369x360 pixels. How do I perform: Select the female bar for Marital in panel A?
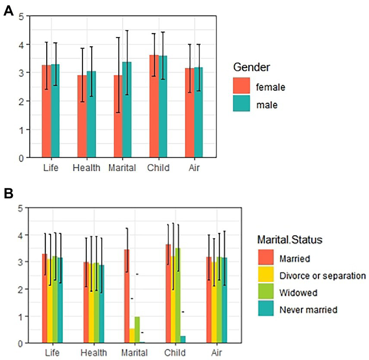(118, 117)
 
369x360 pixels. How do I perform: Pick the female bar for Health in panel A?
(82, 117)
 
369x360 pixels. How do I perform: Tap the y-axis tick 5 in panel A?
(21, 16)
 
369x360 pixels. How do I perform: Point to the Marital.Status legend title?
(291, 239)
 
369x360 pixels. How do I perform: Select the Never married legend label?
(308, 309)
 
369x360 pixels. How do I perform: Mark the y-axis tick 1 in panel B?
(21, 316)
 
